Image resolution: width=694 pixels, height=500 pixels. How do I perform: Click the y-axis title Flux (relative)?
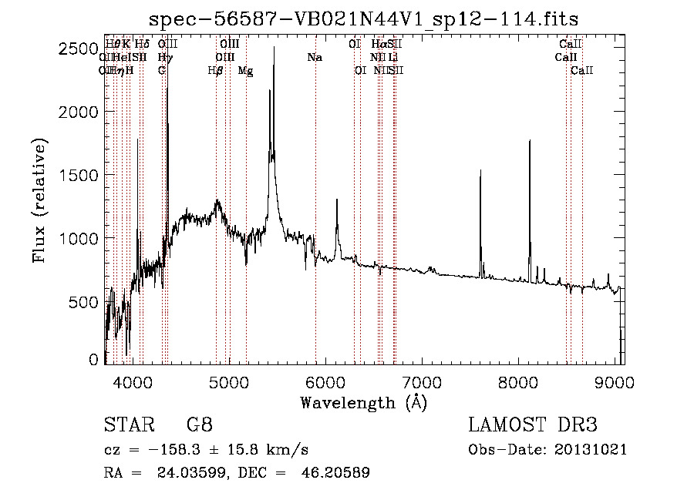pos(39,200)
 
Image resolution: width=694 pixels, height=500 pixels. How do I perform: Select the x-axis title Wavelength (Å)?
pos(363,402)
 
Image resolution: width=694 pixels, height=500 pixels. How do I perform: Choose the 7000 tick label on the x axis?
pos(421,381)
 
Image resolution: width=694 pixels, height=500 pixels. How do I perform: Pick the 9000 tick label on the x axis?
pos(615,381)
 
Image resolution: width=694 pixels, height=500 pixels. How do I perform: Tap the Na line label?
pos(315,58)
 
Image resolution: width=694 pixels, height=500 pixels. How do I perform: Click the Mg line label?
pos(245,71)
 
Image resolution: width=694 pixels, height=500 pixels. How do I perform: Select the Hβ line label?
pos(216,71)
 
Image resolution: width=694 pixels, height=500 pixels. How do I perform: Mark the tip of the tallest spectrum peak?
pos(275,48)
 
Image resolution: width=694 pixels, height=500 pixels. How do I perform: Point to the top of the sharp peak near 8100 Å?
pos(530,141)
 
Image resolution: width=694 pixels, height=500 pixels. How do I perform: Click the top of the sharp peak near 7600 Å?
pos(480,170)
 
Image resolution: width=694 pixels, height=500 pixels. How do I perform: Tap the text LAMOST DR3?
pos(532,425)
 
